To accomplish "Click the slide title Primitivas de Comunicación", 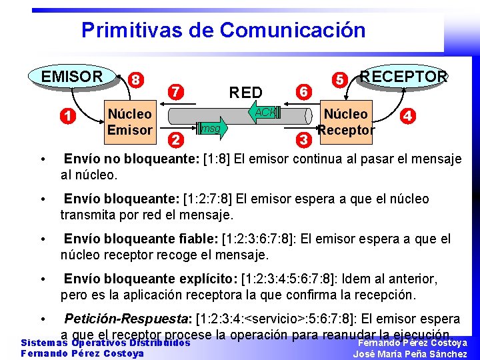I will click(x=223, y=30).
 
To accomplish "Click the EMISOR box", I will click(x=72, y=77).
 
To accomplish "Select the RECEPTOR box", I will click(x=403, y=77).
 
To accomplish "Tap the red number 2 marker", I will click(x=176, y=140).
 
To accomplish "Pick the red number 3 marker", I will click(x=303, y=140).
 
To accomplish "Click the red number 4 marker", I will click(x=409, y=116).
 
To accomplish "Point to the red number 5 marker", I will click(x=339, y=79).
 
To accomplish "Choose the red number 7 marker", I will click(x=176, y=91).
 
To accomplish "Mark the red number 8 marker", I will click(x=135, y=79).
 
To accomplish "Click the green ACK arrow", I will click(x=263, y=113).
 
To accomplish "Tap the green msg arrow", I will click(x=210, y=127).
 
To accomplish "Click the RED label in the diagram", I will click(x=245, y=92).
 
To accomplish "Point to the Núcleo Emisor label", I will click(x=130, y=122).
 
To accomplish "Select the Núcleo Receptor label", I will click(x=346, y=122).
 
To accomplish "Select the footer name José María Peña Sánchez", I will click(x=409, y=354).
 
